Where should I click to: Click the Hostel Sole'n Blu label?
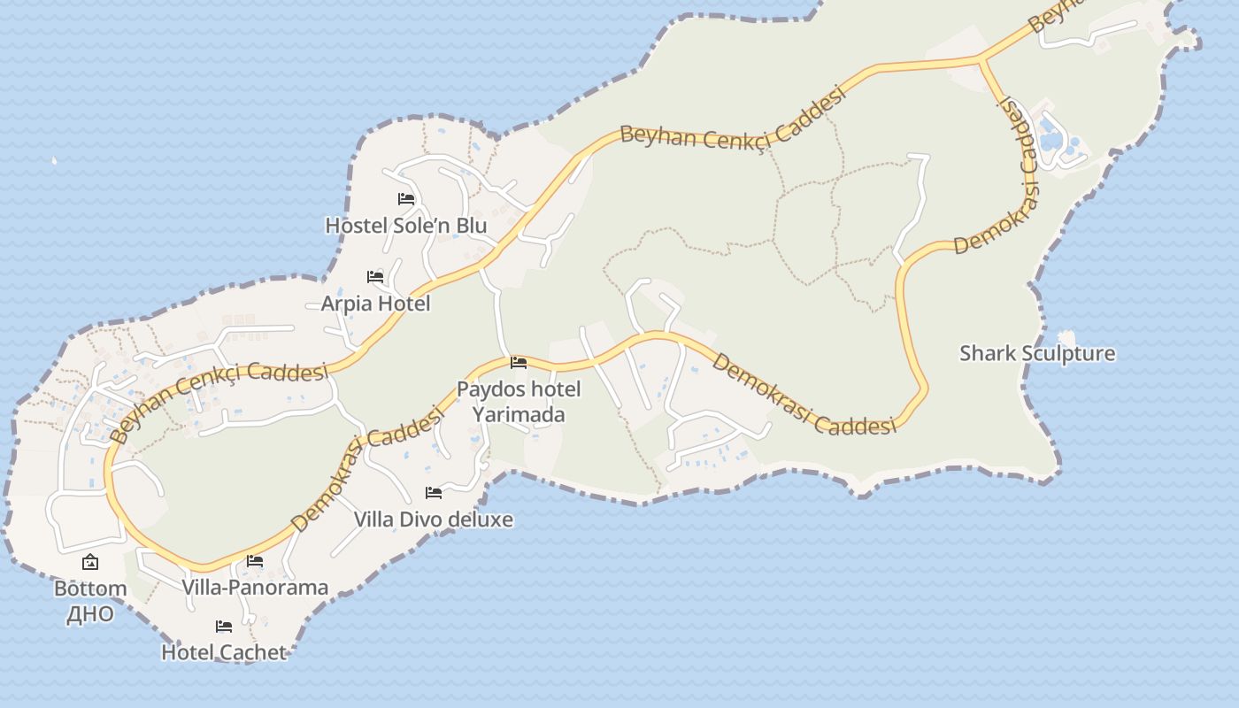pos(406,226)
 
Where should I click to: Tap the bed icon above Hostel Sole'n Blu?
pos(406,199)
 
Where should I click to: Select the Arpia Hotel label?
pos(375,304)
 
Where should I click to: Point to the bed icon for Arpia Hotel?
pos(375,277)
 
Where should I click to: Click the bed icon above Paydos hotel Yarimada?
pos(519,363)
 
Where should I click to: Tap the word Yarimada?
pos(519,414)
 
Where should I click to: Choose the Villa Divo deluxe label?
pos(434,519)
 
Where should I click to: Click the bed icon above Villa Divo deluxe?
pos(434,493)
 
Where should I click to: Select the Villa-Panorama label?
pos(255,588)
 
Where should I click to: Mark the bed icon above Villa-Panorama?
pos(255,561)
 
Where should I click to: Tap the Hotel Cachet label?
pos(224,653)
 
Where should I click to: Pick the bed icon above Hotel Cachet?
pos(224,627)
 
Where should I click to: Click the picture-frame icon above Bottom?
pos(90,562)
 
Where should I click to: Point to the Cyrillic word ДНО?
pos(90,614)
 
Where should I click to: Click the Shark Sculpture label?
pos(1037,354)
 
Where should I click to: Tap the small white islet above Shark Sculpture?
pos(1066,337)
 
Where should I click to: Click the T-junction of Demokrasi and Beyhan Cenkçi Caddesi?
pos(981,60)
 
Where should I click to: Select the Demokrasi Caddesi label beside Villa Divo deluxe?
pos(367,469)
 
